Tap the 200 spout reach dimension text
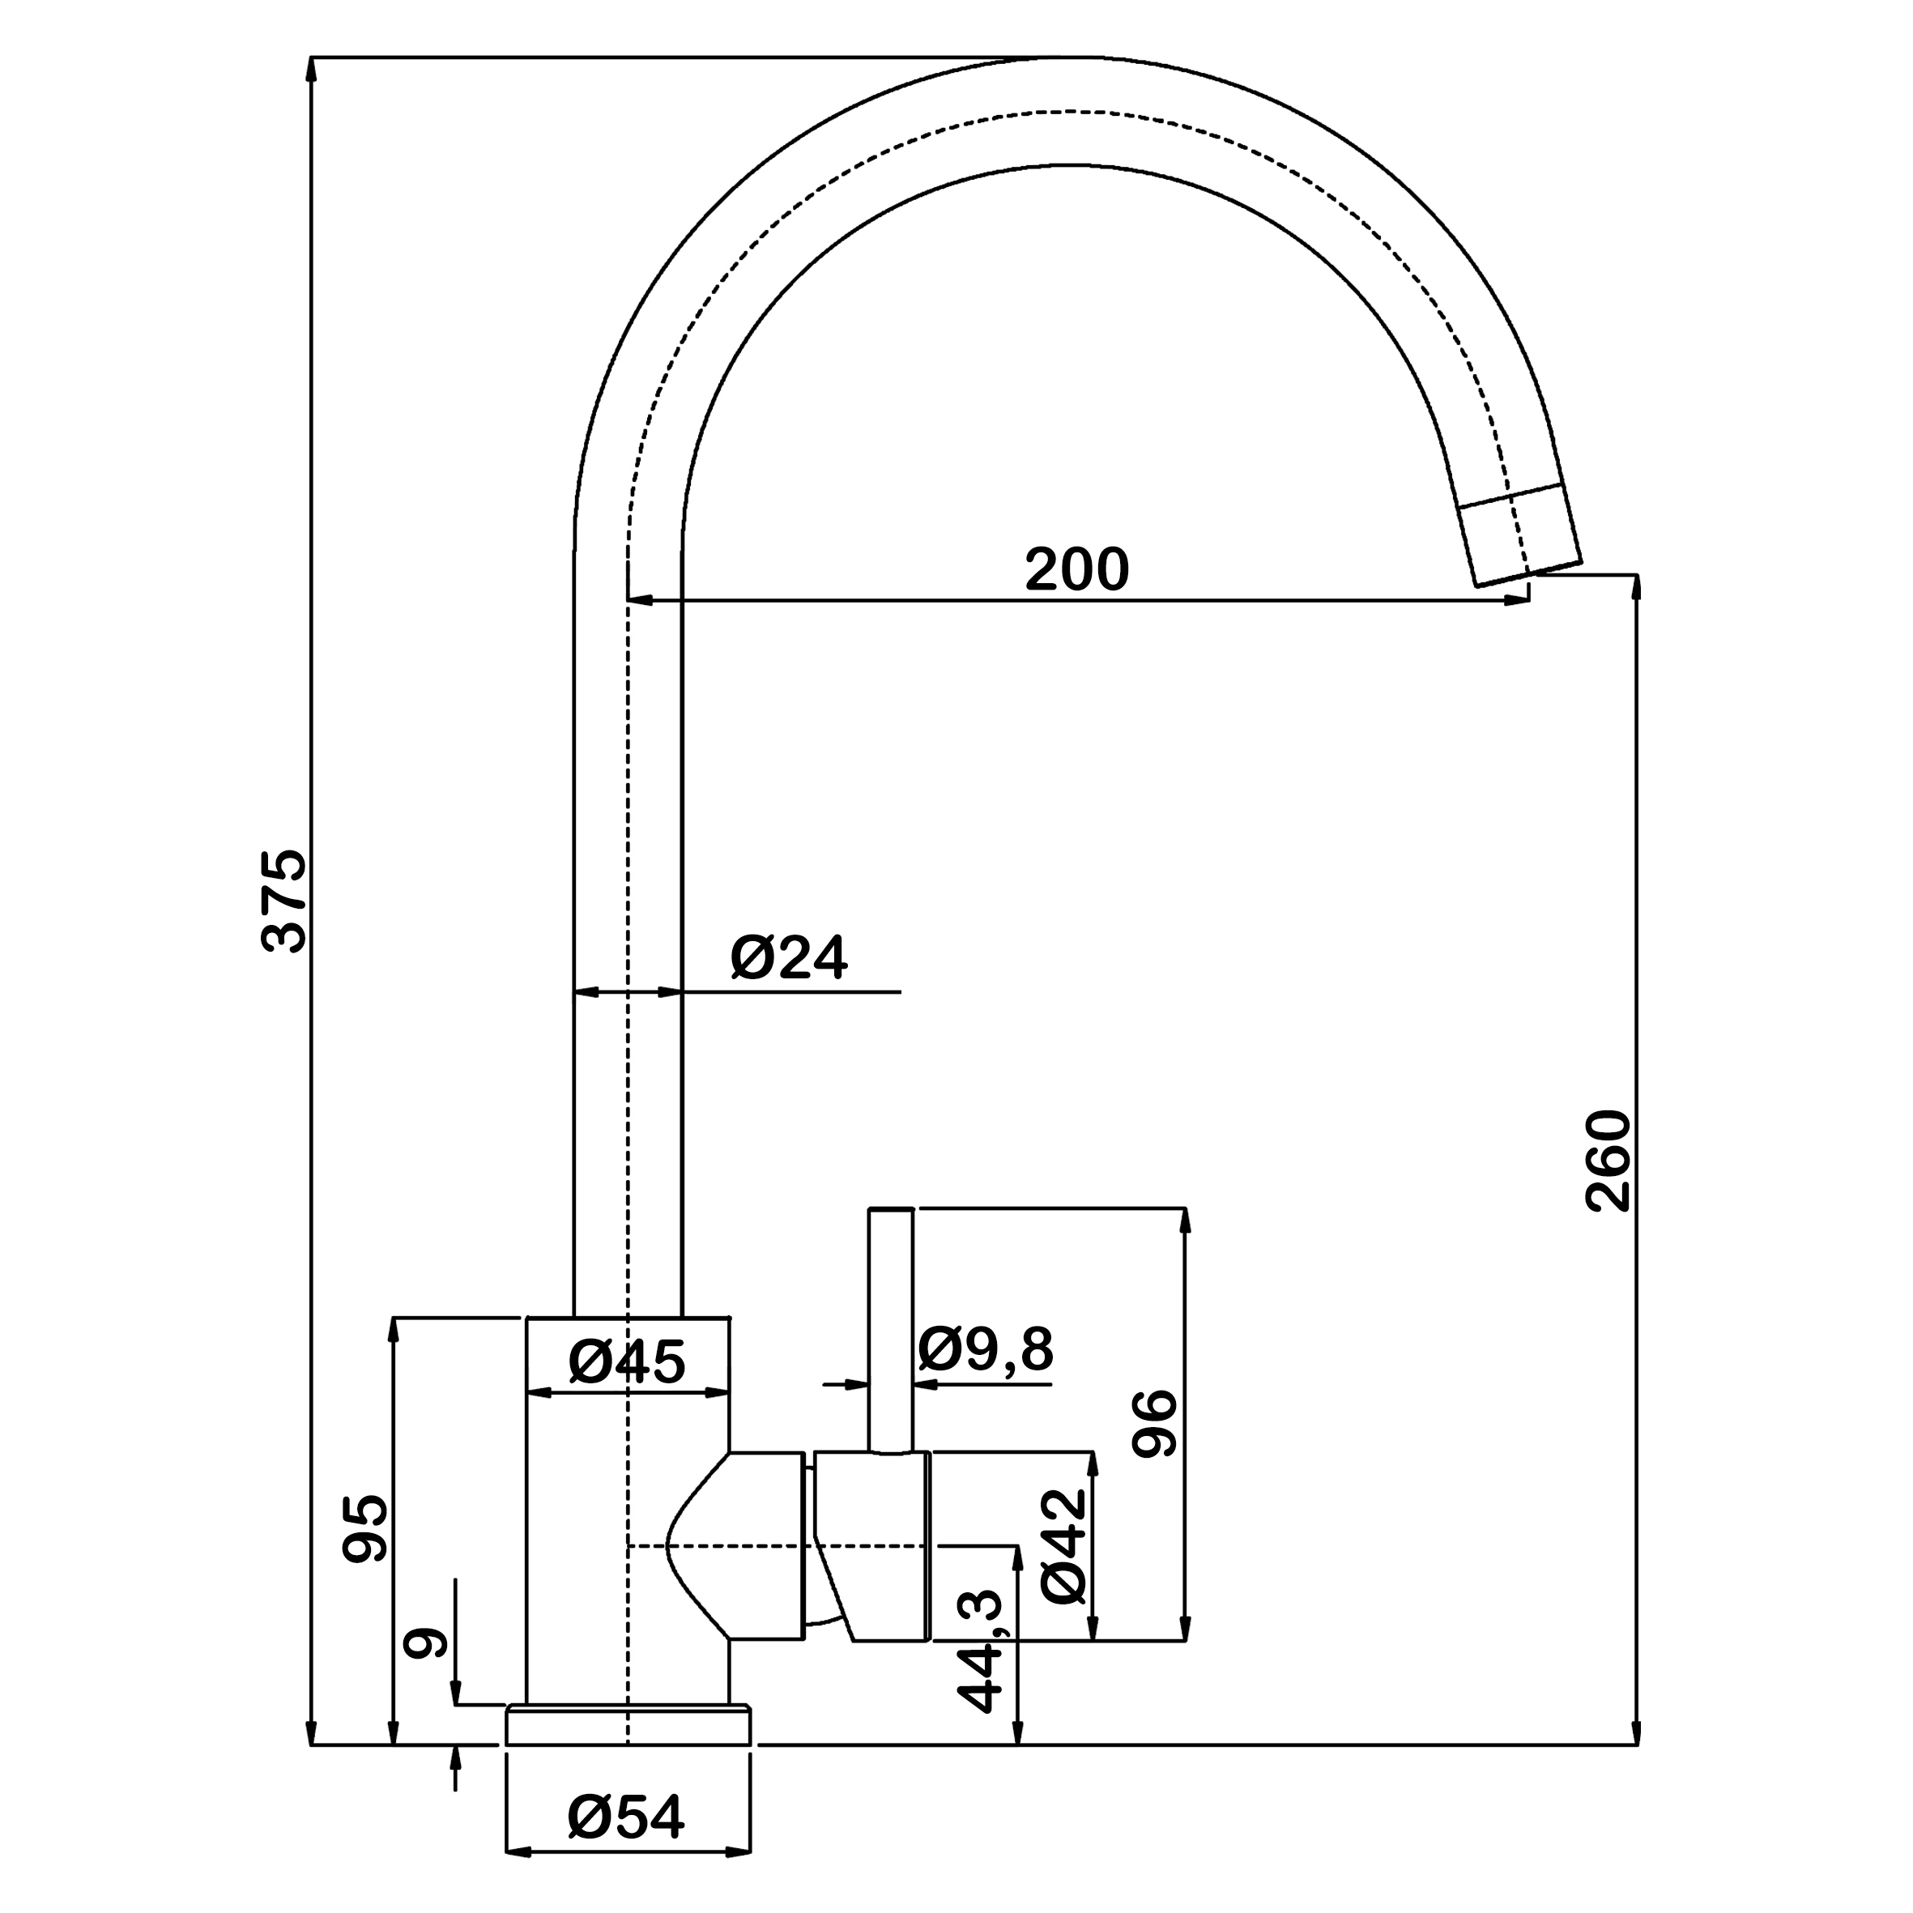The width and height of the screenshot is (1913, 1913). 1076,569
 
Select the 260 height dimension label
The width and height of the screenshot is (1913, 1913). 1607,1161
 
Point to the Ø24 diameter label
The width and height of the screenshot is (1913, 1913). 789,957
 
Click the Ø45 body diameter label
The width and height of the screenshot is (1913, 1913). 627,1362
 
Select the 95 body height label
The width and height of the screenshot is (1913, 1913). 365,1529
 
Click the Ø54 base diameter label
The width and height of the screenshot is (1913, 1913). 626,1817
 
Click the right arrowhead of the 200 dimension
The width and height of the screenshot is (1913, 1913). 1519,600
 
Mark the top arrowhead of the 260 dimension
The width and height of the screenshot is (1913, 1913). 1636,586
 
